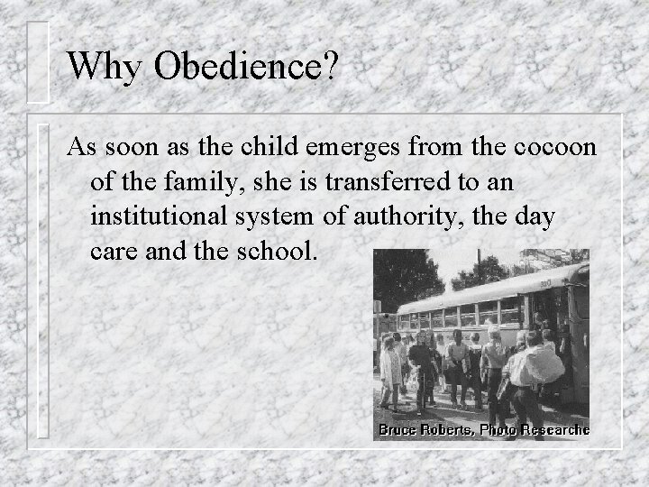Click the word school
tap(276, 251)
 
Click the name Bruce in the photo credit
tap(398, 430)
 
